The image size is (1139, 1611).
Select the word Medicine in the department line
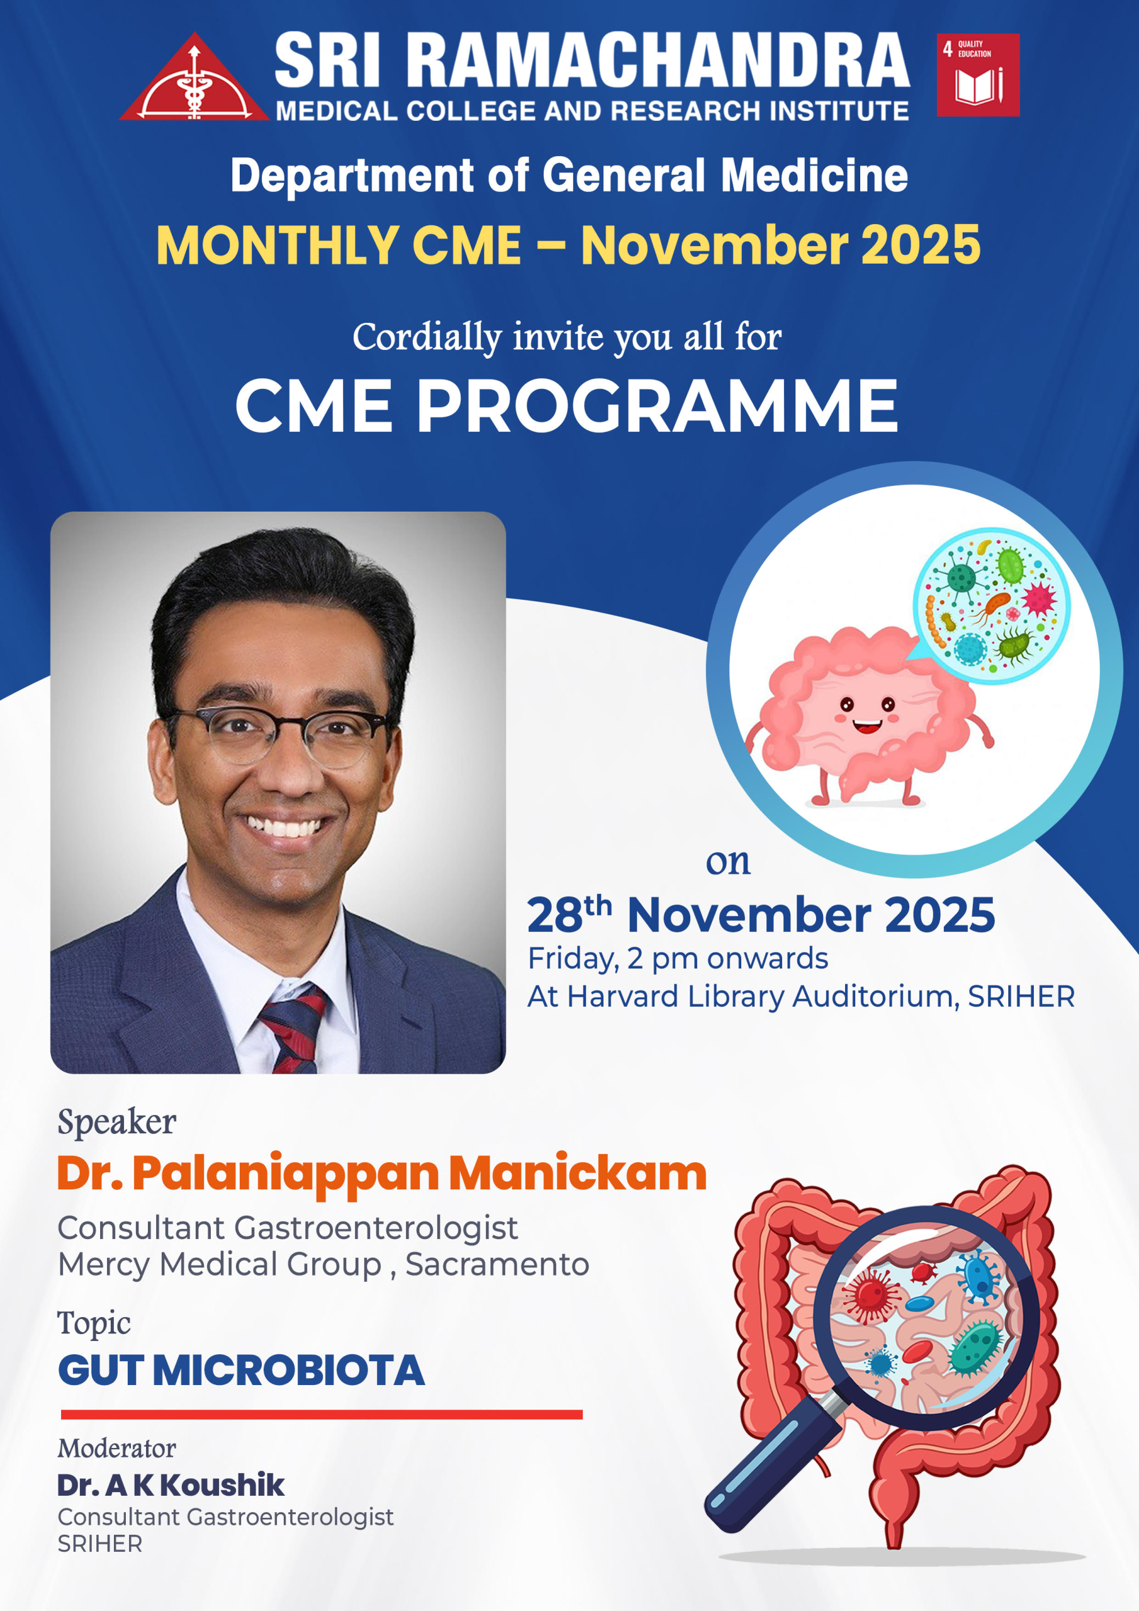click(815, 175)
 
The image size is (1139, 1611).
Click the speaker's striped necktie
click(293, 1028)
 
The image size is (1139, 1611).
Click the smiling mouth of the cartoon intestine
click(867, 726)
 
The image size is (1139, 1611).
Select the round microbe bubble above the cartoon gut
click(991, 605)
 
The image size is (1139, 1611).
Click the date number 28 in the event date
click(554, 916)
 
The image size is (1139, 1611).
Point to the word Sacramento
click(498, 1264)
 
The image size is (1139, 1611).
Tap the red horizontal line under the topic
click(322, 1415)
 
